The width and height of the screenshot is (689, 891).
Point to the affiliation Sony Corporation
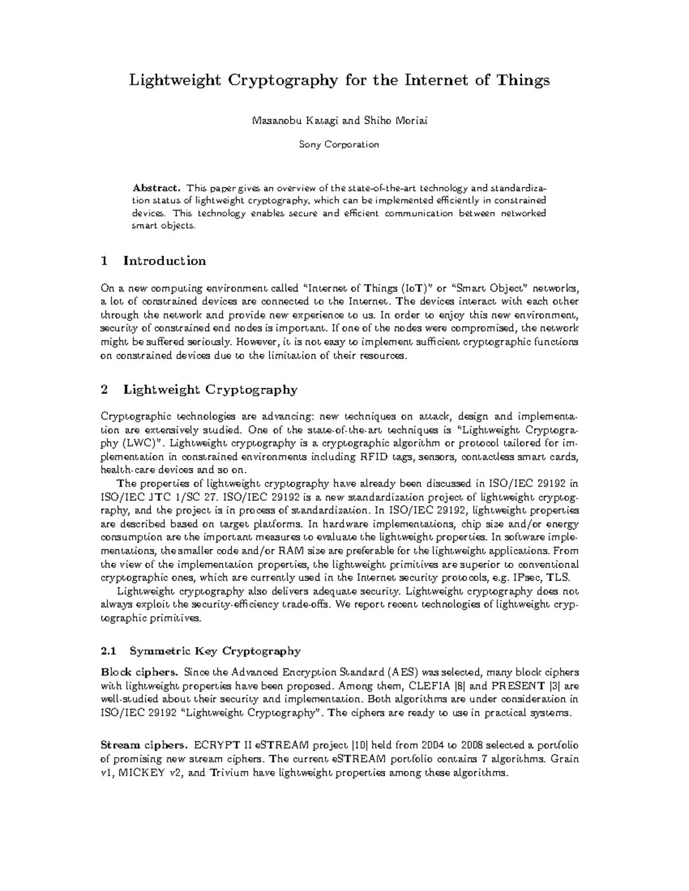pyautogui.click(x=339, y=145)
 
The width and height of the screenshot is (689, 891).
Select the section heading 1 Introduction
pyautogui.click(x=153, y=261)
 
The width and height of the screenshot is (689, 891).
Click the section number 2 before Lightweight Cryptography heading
pyautogui.click(x=104, y=390)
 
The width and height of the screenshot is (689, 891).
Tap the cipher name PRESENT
pyautogui.click(x=519, y=686)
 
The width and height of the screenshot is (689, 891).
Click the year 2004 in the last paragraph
pyautogui.click(x=432, y=745)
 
